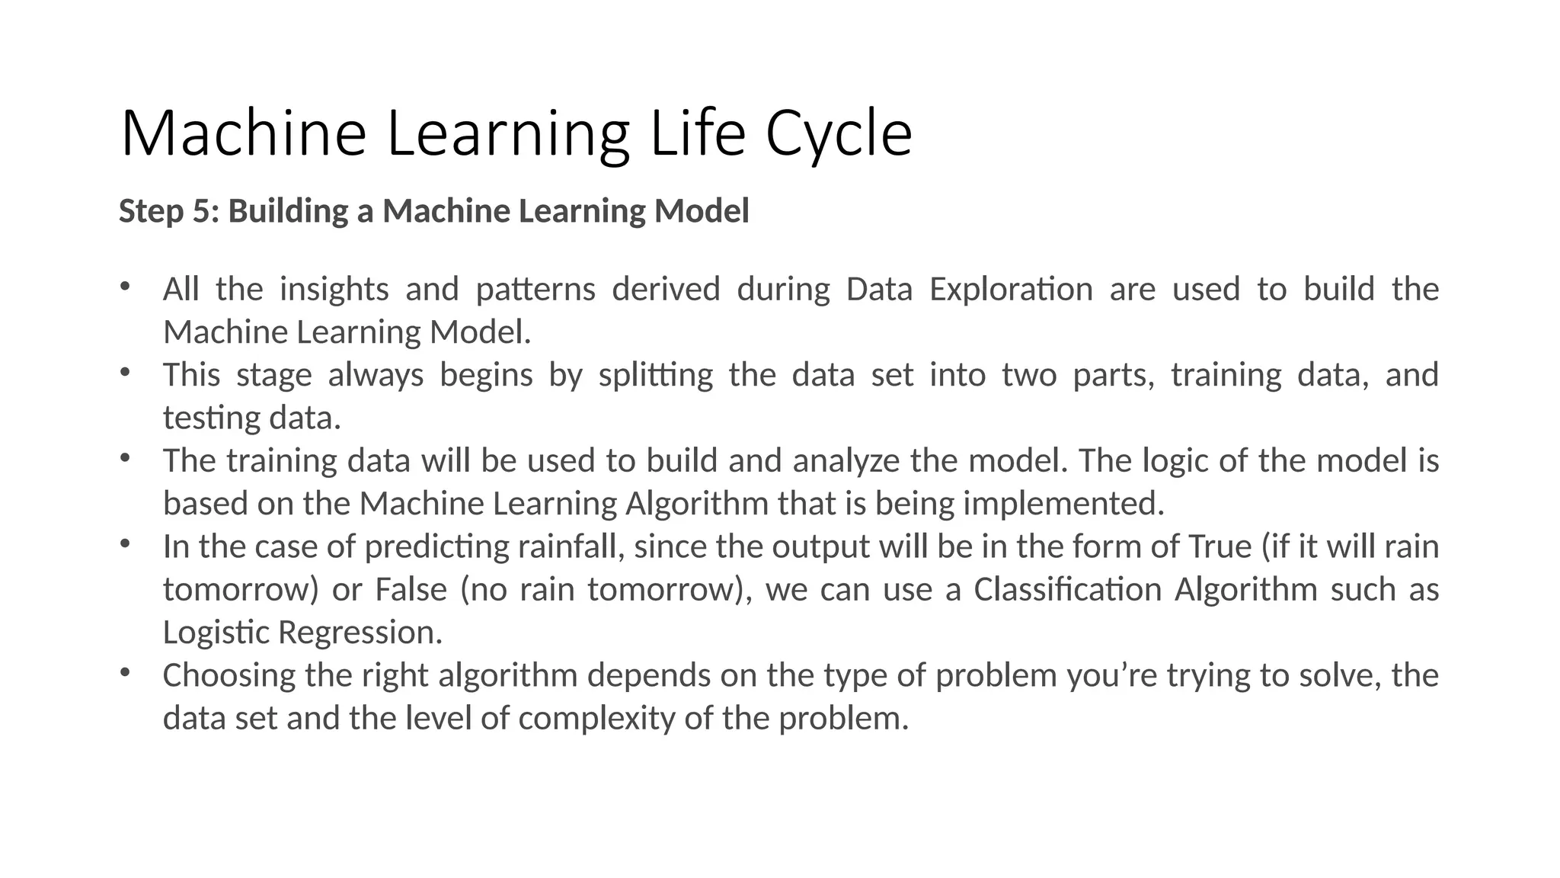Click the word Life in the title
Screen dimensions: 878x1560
click(697, 134)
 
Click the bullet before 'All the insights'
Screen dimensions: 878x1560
click(126, 288)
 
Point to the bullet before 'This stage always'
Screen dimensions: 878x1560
click(126, 373)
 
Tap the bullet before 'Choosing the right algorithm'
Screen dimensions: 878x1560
click(126, 674)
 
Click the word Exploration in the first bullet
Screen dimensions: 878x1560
click(1011, 290)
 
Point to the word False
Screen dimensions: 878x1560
click(411, 590)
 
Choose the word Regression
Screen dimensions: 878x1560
click(360, 633)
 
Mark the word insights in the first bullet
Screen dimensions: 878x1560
click(334, 290)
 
